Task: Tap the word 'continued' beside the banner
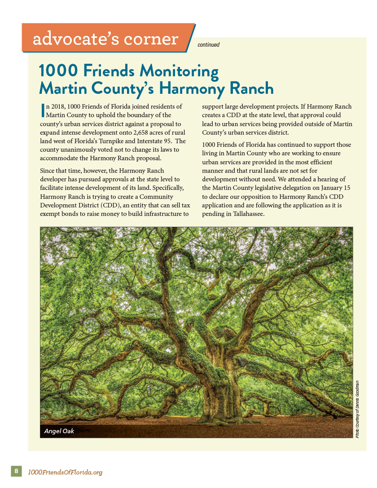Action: (x=208, y=45)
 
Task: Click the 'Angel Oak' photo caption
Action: (x=59, y=431)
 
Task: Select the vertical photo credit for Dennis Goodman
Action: (x=357, y=409)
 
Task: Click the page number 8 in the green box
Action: (x=16, y=471)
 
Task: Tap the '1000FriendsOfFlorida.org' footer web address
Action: (x=66, y=472)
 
